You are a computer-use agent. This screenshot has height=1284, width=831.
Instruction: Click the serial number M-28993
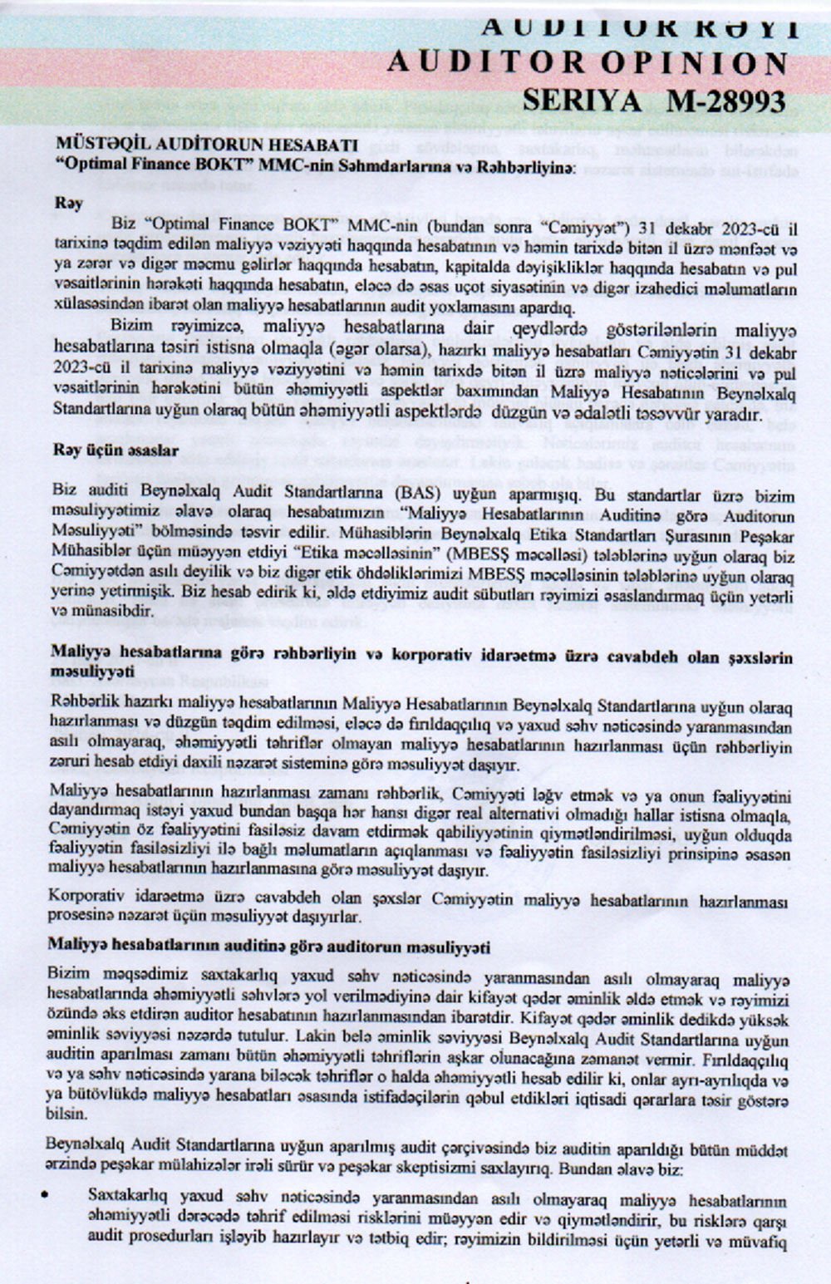(726, 101)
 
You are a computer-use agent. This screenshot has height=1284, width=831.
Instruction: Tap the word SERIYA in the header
(581, 101)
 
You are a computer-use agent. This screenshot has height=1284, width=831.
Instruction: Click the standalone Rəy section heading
(69, 204)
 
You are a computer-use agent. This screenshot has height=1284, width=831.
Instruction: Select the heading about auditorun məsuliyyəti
(268, 947)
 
